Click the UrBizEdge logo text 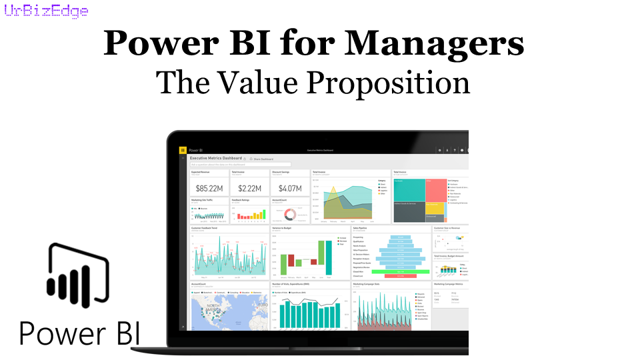[45, 11]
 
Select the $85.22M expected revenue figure [209, 188]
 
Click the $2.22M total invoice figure [249, 188]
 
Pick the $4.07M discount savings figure [289, 188]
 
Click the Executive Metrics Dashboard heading [216, 159]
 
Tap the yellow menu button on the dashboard [183, 151]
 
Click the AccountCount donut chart [290, 215]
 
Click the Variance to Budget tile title [283, 228]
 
